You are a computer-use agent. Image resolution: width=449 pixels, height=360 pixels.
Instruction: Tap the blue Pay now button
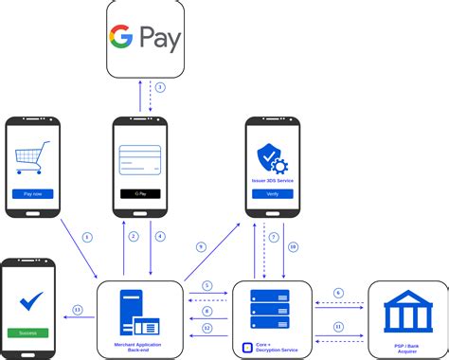[32, 193]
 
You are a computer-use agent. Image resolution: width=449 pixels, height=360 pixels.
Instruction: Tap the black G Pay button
[140, 193]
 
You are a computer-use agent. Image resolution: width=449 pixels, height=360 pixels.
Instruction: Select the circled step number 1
[87, 236]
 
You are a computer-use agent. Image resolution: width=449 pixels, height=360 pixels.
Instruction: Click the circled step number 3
[160, 87]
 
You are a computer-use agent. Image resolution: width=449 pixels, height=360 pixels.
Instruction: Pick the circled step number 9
[201, 247]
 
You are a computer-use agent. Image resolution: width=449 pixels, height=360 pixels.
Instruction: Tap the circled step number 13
[77, 309]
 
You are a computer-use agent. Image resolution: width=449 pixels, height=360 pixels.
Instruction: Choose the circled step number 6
[339, 293]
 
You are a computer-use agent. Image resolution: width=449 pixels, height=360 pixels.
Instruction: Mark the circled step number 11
[339, 326]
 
